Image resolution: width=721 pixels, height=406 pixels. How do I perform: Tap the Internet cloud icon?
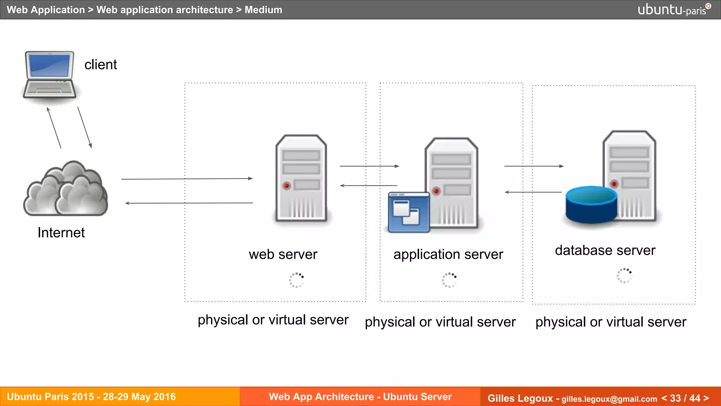(66, 189)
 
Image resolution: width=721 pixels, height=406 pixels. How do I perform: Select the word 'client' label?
(101, 65)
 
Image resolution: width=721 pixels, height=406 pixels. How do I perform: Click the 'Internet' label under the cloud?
(61, 233)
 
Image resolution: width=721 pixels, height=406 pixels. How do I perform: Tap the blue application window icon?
(409, 212)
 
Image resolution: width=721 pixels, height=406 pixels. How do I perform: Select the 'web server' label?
(283, 254)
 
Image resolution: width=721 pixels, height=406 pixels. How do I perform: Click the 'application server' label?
(448, 254)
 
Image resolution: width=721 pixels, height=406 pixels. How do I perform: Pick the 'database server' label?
(605, 250)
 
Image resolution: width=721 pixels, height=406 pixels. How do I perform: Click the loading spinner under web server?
(296, 280)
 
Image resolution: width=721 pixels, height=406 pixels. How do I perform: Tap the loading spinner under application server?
(449, 280)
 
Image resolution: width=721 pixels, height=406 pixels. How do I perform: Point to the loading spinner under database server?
(624, 276)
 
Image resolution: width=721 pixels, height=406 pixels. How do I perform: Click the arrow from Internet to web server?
(187, 179)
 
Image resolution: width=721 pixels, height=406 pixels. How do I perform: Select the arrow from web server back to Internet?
(189, 203)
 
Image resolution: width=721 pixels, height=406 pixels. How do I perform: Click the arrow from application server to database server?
(534, 166)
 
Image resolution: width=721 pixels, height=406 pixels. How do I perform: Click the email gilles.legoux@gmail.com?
(609, 399)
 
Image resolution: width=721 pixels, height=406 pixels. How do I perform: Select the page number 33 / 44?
(685, 398)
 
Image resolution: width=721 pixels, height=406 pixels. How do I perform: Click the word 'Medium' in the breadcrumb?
(263, 10)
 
